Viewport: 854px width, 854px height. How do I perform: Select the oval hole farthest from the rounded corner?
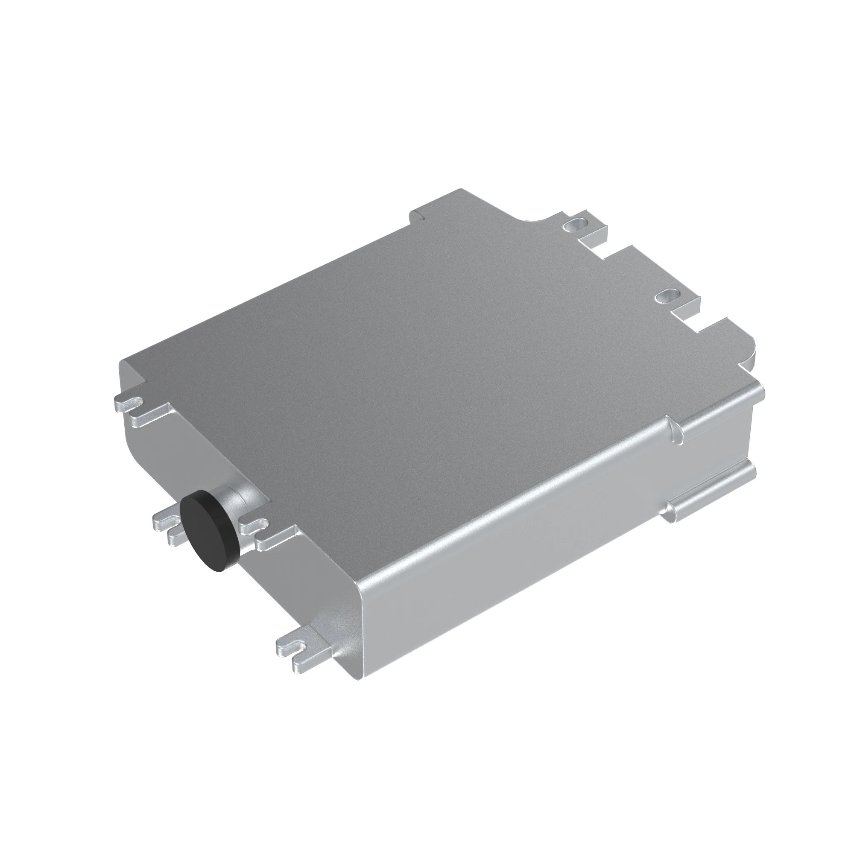click(x=575, y=224)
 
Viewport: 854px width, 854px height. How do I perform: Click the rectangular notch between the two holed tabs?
click(x=619, y=256)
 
